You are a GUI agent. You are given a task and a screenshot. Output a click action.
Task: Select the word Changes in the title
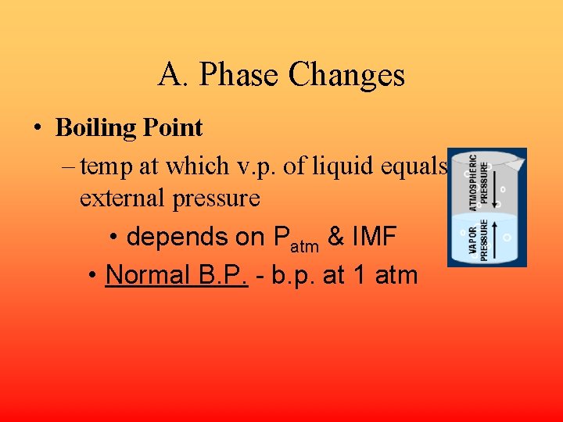346,75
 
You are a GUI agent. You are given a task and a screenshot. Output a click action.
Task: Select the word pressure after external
215,198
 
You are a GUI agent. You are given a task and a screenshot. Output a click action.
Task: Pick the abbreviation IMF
379,237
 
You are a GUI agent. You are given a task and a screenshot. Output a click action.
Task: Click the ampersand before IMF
336,237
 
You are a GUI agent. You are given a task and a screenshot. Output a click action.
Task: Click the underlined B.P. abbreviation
222,274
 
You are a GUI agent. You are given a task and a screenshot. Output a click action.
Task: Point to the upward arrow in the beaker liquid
495,239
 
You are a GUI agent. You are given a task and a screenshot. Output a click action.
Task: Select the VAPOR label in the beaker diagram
474,241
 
